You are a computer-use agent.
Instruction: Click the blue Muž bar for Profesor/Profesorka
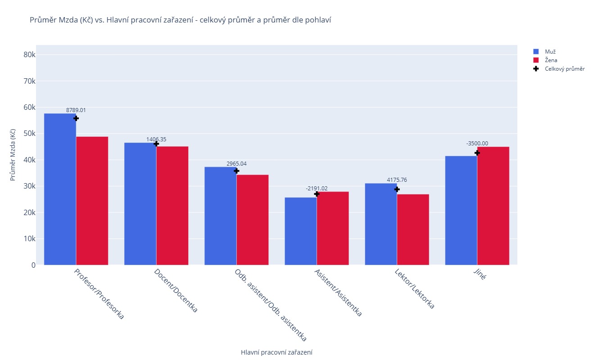[x=60, y=189]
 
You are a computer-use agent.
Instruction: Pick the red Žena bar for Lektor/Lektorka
[x=413, y=229]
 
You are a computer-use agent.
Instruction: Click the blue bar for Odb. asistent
[x=221, y=216]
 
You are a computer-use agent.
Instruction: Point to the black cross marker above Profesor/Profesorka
[x=76, y=118]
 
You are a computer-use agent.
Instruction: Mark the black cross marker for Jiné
[x=477, y=153]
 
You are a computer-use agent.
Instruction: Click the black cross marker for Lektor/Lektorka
[x=397, y=189]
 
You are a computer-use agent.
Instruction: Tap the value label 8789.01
[x=76, y=110]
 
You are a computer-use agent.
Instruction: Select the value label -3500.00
[x=477, y=144]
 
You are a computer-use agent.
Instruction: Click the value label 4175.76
[x=397, y=180]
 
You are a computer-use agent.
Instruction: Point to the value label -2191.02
[x=317, y=188]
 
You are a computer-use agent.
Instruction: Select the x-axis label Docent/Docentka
[x=176, y=291]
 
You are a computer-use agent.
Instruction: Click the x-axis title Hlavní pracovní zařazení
[x=276, y=352]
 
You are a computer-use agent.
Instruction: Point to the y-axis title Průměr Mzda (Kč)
[x=13, y=155]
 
